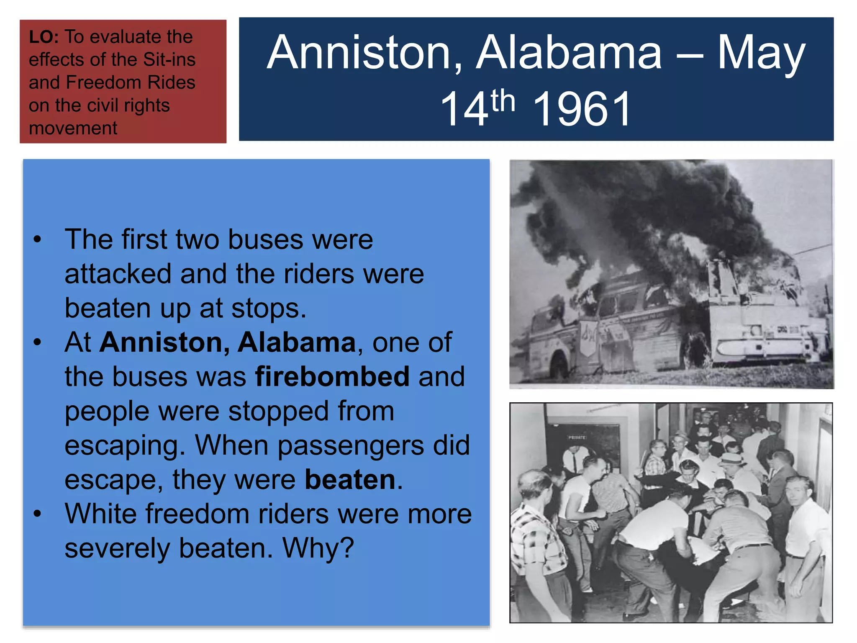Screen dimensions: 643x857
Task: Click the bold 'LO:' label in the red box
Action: point(44,37)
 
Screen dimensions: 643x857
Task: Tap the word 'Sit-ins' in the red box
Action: point(169,60)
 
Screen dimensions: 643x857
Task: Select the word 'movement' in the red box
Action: point(73,128)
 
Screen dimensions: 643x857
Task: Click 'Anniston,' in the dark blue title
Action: point(364,53)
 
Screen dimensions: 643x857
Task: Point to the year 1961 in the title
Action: point(582,109)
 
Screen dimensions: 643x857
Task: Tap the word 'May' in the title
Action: point(761,53)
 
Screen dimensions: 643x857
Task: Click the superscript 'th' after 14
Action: point(503,101)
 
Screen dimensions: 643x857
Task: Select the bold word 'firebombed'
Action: point(332,377)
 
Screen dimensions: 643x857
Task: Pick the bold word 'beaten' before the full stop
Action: point(350,480)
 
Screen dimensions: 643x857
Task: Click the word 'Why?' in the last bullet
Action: point(318,548)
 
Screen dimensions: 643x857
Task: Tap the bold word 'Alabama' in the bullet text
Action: point(297,342)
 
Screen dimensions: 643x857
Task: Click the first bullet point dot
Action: point(38,240)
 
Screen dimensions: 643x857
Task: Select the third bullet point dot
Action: point(38,514)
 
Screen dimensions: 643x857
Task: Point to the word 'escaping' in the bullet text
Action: point(124,445)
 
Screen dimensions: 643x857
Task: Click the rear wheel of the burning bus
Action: point(559,364)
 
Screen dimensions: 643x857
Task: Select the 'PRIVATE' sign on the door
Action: point(577,437)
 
